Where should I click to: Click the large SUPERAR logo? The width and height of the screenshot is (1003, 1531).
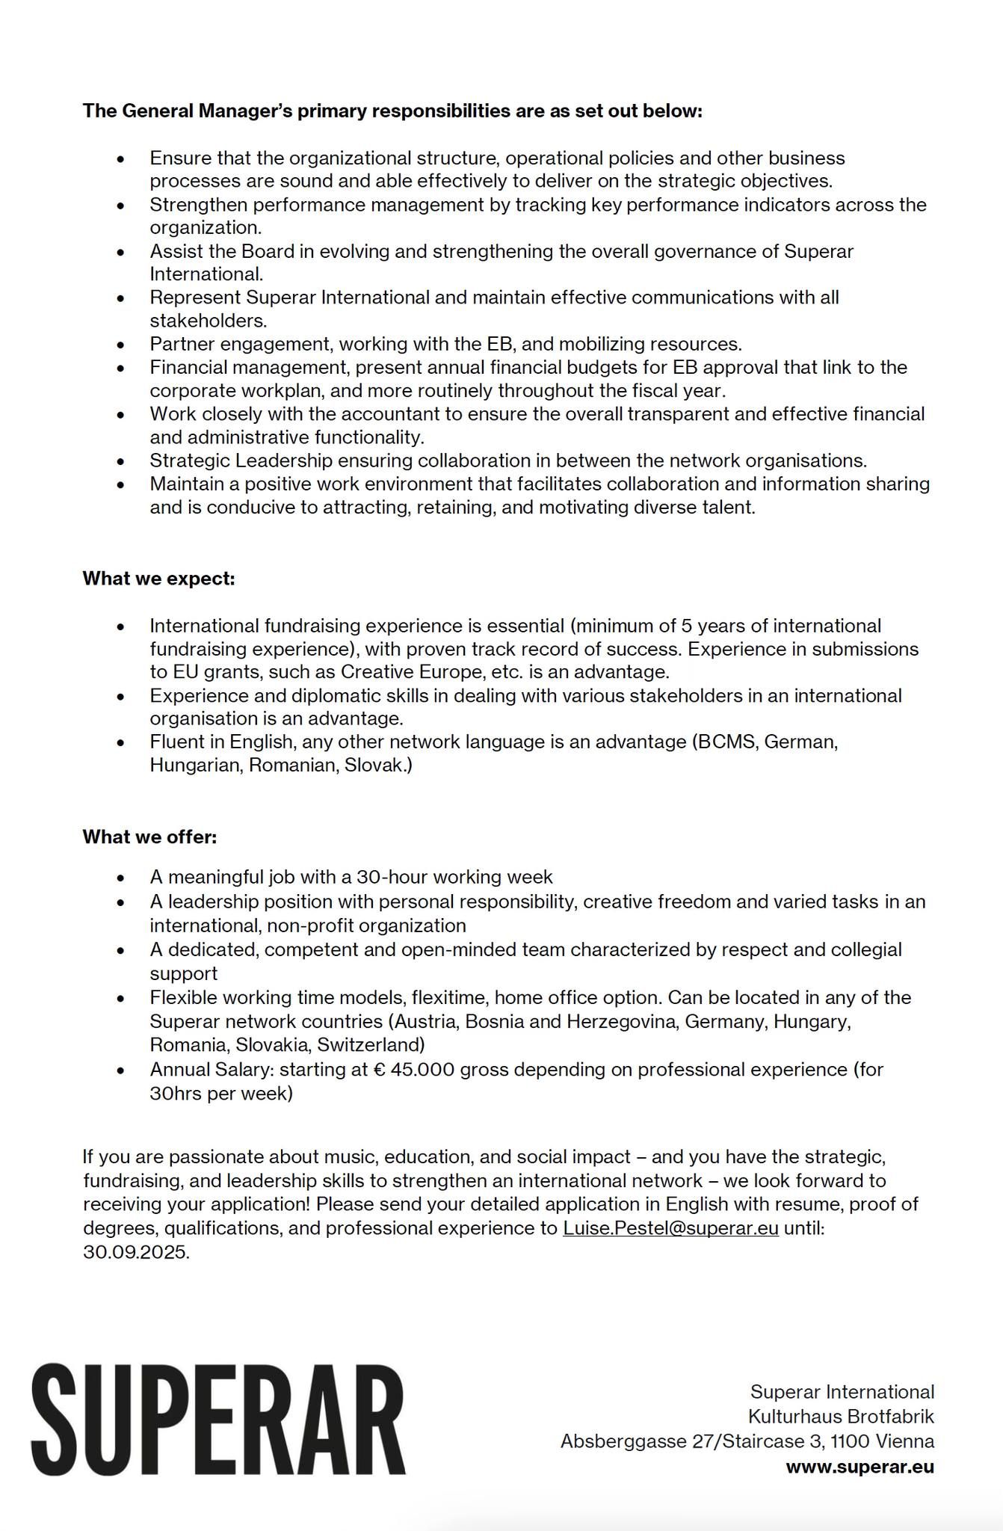coord(218,1420)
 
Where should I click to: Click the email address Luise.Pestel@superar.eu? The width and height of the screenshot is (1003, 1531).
coord(670,1228)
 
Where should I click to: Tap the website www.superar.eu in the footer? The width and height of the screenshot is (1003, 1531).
coord(860,1467)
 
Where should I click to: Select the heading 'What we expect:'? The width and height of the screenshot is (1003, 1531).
coord(158,579)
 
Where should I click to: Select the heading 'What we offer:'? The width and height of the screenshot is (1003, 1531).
coord(149,837)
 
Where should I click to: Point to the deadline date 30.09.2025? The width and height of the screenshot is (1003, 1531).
coord(135,1252)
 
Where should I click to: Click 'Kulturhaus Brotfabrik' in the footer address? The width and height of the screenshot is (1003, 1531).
coord(841,1417)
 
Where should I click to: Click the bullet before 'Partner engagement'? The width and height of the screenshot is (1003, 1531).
coord(121,345)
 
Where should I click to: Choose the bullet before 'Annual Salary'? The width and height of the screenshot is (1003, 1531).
coord(121,1071)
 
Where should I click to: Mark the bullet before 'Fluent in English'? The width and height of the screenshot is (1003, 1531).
coord(121,743)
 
